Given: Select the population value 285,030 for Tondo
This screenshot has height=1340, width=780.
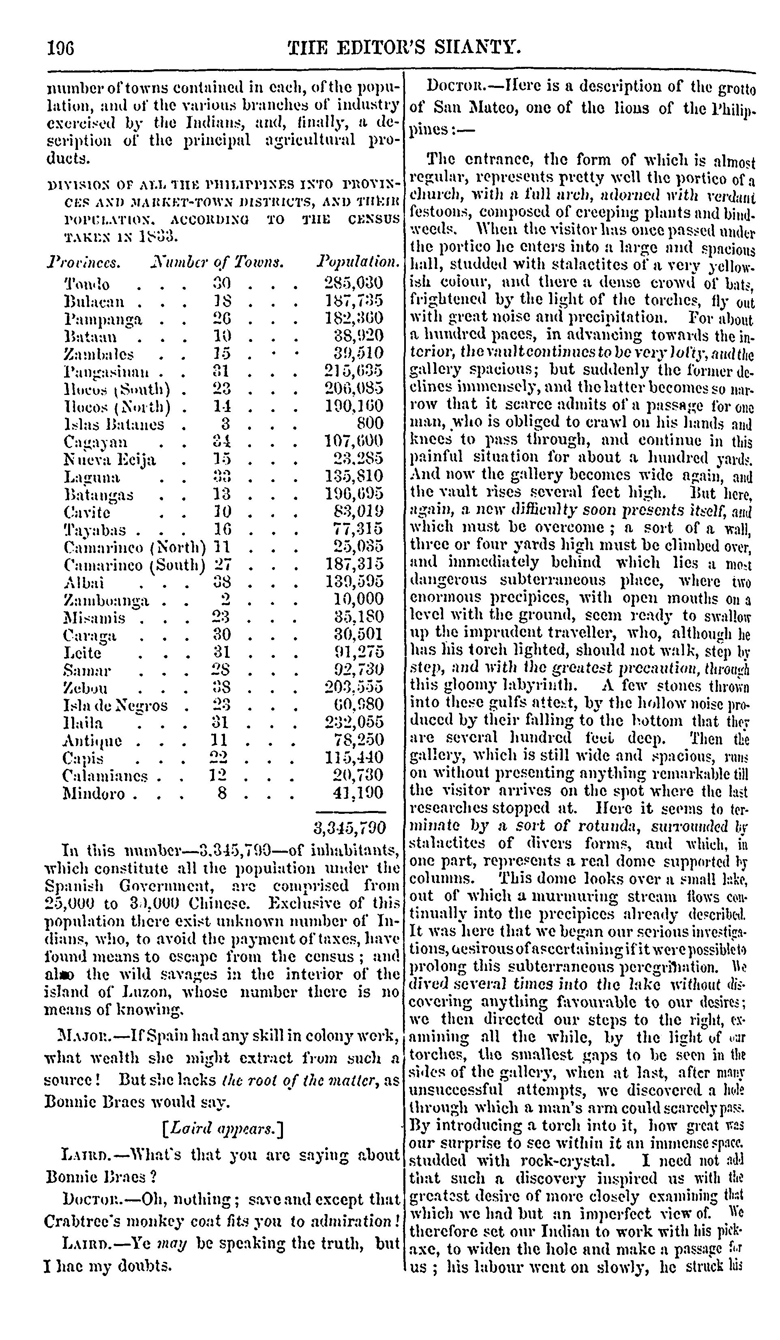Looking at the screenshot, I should (x=354, y=283).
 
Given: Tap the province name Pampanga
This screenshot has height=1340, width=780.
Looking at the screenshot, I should (x=103, y=319).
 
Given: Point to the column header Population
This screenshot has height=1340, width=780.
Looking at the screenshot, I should (x=358, y=262).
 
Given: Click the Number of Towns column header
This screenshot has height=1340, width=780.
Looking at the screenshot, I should (x=216, y=262).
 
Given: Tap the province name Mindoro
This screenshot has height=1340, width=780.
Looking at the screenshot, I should (x=94, y=794).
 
